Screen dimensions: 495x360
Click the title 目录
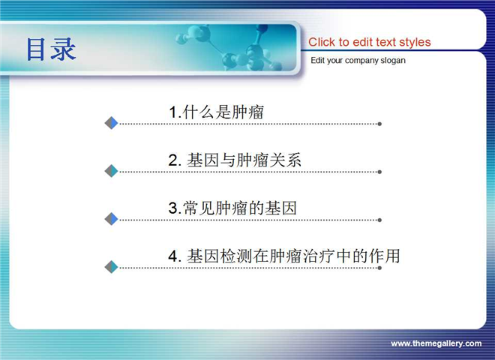[51, 49]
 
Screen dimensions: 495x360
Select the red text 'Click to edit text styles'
[369, 42]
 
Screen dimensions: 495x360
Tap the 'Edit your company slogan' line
[358, 60]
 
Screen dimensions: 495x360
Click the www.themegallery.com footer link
[436, 343]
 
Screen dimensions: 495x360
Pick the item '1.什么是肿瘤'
[216, 112]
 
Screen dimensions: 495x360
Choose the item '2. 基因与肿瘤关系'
[235, 160]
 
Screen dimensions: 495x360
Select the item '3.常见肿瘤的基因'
[232, 208]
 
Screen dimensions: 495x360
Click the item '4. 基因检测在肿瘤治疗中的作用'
[284, 256]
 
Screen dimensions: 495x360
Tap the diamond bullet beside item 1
[111, 123]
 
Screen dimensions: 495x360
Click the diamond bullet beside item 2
[111, 171]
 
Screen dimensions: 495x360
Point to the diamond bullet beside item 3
[111, 219]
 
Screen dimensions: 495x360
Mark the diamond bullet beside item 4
[111, 267]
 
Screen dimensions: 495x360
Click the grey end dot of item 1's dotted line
[379, 124]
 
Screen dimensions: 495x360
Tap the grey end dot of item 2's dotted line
[379, 172]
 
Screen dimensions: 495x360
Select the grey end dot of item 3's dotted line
[379, 220]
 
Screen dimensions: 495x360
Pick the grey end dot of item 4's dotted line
[379, 268]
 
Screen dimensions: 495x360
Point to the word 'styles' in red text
[415, 42]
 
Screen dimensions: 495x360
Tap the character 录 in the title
[64, 49]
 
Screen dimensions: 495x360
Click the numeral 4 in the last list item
[172, 256]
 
